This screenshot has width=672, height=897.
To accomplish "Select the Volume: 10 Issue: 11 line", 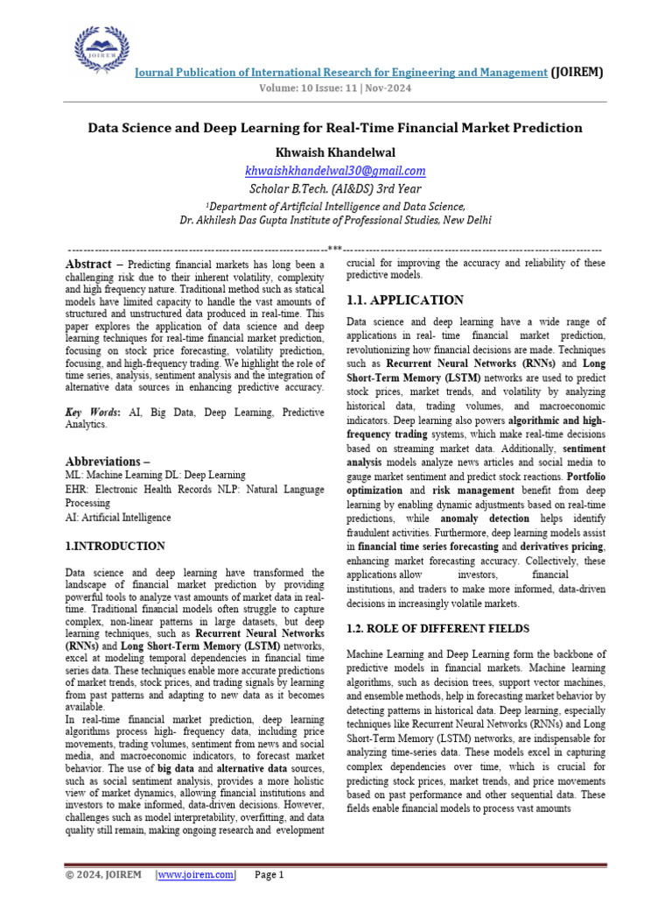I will coord(335,88).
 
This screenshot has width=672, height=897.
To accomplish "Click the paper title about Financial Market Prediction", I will coord(335,128).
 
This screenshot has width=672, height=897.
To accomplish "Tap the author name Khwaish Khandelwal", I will coord(335,152).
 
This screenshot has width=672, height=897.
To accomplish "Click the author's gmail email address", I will coord(335,171).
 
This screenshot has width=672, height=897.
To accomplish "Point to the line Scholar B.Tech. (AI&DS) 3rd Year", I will coord(335,188).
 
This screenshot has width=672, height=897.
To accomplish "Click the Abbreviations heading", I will coord(108,462).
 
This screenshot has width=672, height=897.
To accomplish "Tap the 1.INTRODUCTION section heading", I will coord(115,546).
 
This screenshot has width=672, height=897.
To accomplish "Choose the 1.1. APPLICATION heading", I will coord(405,300).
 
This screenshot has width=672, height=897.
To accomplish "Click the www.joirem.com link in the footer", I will coord(196,874).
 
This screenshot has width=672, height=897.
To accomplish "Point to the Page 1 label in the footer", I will coord(269,874).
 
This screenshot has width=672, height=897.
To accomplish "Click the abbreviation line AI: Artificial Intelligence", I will coord(119,518).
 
